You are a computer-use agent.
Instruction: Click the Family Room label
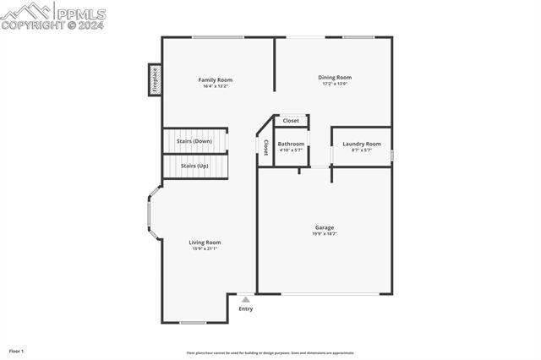pos(216,79)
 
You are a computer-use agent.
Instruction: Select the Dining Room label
pos(335,77)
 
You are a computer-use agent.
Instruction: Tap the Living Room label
pos(205,242)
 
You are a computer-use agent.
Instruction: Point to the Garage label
pos(325,226)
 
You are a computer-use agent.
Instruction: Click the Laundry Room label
pos(361,144)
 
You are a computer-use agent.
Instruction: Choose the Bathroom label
pos(291,144)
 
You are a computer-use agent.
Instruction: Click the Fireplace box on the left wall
pos(155,80)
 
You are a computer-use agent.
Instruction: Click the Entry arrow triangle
pos(245,299)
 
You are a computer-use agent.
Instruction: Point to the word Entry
pos(245,308)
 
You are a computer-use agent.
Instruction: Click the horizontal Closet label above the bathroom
pos(291,121)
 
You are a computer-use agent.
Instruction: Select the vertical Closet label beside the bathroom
pos(265,147)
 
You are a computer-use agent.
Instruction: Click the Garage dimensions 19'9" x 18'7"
pos(325,233)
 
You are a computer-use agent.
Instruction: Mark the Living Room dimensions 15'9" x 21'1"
pos(205,248)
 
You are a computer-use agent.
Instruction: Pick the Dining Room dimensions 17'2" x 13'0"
pos(335,84)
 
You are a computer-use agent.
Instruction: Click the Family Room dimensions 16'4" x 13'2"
pos(216,86)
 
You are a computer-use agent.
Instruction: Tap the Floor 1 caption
pos(16,350)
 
